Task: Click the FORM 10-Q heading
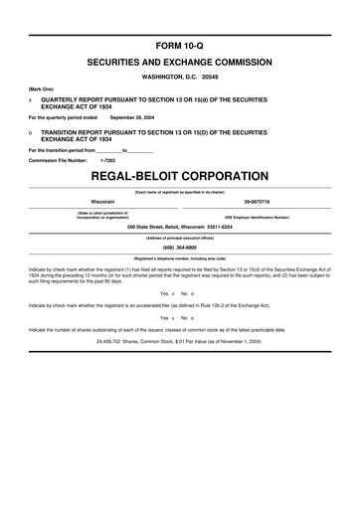[x=180, y=47]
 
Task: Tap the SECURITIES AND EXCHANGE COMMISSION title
[x=180, y=62]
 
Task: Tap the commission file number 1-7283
[x=109, y=159]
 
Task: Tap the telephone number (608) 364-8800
[x=180, y=249]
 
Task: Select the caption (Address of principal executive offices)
[x=180, y=237]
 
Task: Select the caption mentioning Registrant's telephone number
[x=180, y=258]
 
